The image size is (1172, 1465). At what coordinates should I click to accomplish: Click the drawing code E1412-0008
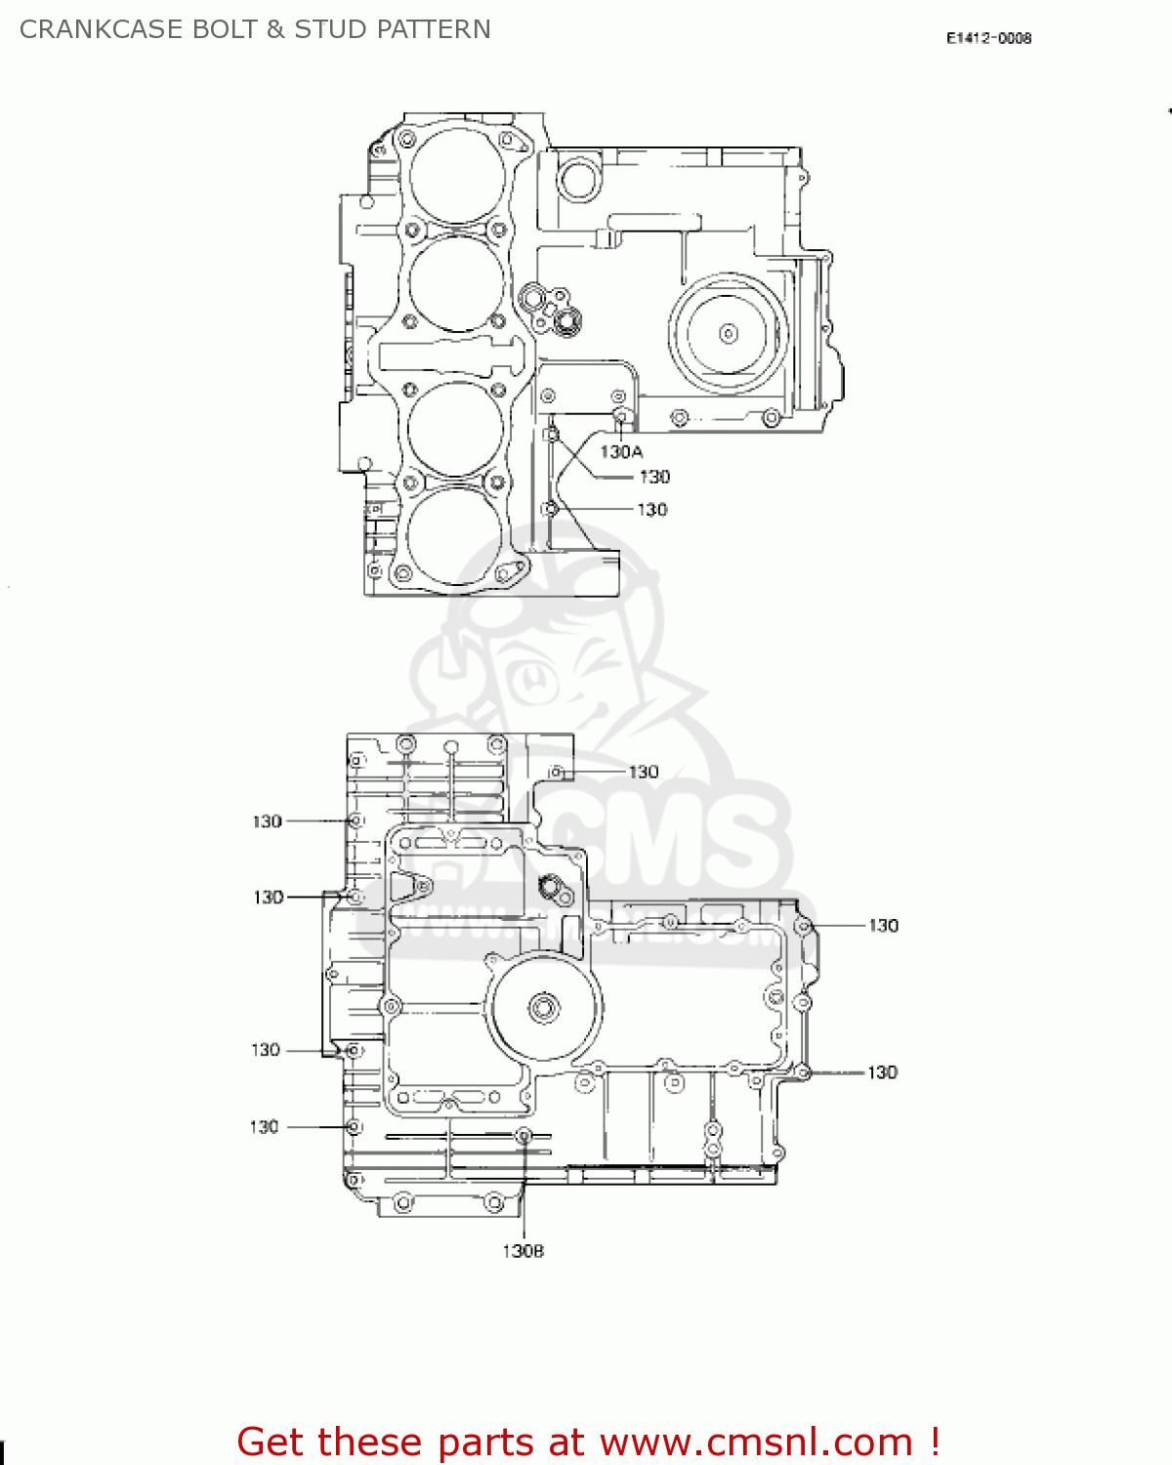988,38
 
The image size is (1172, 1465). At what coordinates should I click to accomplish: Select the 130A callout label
621,451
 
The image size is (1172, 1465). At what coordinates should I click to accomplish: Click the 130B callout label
523,1251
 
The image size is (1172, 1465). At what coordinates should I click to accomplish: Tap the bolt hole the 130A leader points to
619,417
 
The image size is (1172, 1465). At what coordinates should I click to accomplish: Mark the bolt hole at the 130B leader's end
523,1135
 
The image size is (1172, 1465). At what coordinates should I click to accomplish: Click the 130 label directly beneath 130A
654,477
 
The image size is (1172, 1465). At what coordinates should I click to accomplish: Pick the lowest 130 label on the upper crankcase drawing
651,510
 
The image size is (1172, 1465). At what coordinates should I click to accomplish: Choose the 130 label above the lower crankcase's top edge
643,772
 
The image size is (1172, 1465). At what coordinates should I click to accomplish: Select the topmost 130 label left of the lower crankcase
267,821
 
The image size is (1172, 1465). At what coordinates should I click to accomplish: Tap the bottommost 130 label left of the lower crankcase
264,1127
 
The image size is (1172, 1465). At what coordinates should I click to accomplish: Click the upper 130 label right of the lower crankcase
883,925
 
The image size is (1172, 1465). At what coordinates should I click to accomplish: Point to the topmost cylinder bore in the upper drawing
456,176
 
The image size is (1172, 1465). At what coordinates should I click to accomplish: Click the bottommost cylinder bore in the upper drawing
453,535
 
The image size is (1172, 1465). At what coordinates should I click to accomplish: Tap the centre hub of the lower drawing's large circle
544,1008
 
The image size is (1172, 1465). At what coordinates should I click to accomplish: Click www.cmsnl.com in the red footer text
756,1442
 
